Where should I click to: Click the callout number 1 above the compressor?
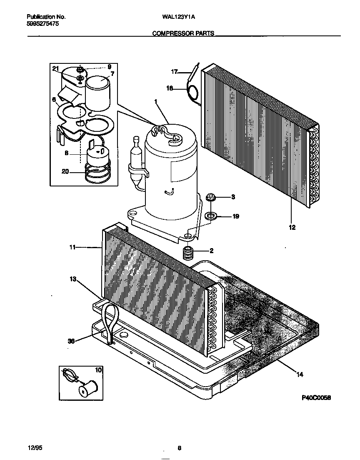pyautogui.click(x=156, y=101)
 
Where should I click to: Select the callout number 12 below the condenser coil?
pyautogui.click(x=292, y=227)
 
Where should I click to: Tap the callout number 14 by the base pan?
pyautogui.click(x=299, y=374)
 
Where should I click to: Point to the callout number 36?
pyautogui.click(x=71, y=341)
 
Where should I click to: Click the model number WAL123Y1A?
pyautogui.click(x=178, y=17)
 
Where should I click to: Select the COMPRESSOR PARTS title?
pyautogui.click(x=183, y=33)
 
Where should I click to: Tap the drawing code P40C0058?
pyautogui.click(x=316, y=398)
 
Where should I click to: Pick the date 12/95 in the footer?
pyautogui.click(x=34, y=448)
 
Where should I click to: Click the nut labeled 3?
pyautogui.click(x=211, y=196)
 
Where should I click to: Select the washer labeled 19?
pyautogui.click(x=211, y=216)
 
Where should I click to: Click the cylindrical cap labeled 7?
pyautogui.click(x=98, y=94)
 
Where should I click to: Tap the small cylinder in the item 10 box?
pyautogui.click(x=87, y=390)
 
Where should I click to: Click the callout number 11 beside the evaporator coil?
pyautogui.click(x=72, y=247)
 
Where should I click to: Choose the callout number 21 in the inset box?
pyautogui.click(x=56, y=68)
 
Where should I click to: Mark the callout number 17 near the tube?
pyautogui.click(x=174, y=72)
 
